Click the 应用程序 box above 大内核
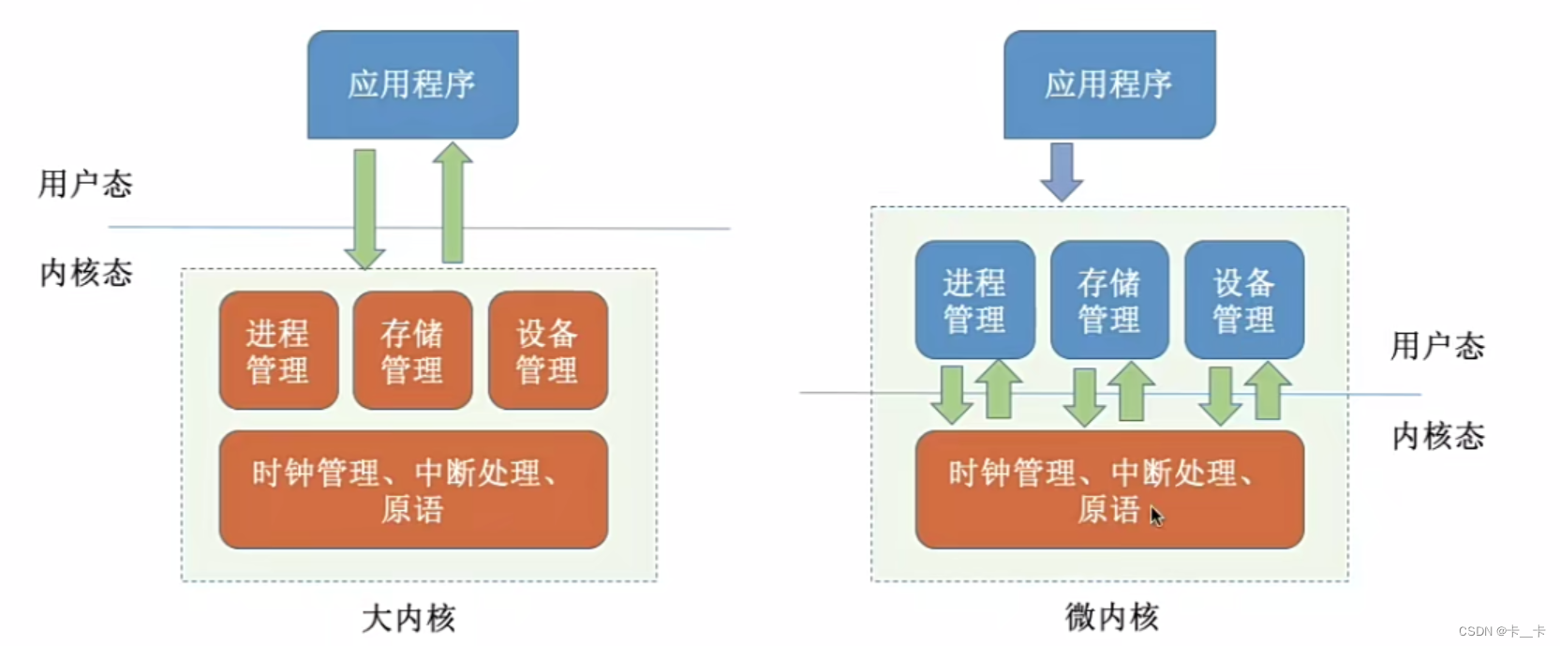[412, 84]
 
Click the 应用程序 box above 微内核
[1109, 84]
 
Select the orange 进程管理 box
[278, 351]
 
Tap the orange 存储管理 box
[412, 351]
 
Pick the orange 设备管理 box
[547, 351]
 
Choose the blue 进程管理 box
[974, 300]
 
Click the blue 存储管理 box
[1109, 300]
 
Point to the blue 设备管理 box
[1244, 300]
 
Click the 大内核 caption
[409, 618]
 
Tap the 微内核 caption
[1112, 617]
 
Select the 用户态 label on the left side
[85, 184]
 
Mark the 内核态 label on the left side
[86, 273]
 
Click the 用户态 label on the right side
[1437, 346]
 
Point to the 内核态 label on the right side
[1438, 436]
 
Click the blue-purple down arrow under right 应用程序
[1062, 171]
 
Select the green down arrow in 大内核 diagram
[364, 208]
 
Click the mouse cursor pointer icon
[1156, 516]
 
